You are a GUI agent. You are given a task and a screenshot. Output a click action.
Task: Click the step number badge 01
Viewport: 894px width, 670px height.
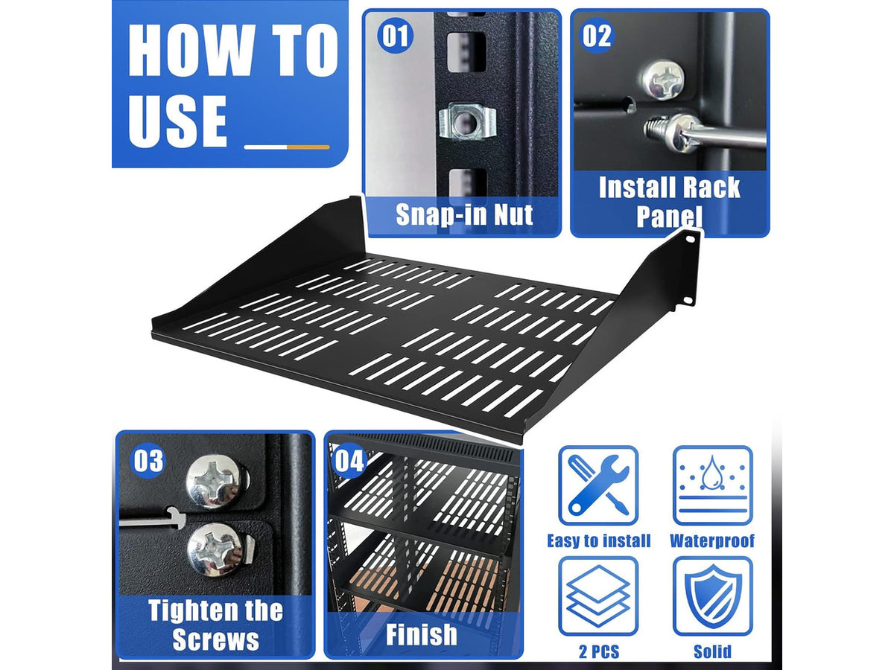click(x=395, y=36)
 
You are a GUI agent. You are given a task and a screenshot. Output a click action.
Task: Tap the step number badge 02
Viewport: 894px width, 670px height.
click(x=597, y=36)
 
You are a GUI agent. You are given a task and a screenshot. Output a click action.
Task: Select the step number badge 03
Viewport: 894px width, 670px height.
click(x=148, y=460)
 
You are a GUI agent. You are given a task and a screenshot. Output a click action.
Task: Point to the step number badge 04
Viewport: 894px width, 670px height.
click(x=349, y=460)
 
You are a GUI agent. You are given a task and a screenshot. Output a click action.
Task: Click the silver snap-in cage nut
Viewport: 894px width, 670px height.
click(x=466, y=121)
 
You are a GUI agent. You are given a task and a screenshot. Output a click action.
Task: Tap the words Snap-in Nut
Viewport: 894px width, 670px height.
click(x=464, y=214)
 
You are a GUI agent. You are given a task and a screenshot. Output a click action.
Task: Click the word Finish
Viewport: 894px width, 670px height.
click(x=421, y=634)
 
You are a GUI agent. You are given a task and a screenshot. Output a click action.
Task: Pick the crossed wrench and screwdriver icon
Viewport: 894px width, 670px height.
click(x=598, y=485)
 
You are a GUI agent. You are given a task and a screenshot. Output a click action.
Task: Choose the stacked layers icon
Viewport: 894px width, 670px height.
click(x=598, y=596)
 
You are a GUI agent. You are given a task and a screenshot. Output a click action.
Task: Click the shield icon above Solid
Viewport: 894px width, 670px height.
click(x=713, y=596)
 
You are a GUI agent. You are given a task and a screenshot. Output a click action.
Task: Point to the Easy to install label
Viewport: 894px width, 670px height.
click(x=599, y=541)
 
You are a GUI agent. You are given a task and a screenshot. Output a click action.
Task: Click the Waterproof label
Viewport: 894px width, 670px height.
click(x=712, y=540)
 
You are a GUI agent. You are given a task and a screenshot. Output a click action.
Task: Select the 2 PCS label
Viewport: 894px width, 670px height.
click(x=599, y=651)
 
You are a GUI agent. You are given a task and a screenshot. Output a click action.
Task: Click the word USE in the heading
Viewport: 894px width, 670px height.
click(x=177, y=121)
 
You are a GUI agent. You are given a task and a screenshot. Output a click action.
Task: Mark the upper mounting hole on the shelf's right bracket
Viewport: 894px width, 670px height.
click(x=691, y=239)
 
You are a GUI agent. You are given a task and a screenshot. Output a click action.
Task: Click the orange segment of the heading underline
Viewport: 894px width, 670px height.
click(x=308, y=147)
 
